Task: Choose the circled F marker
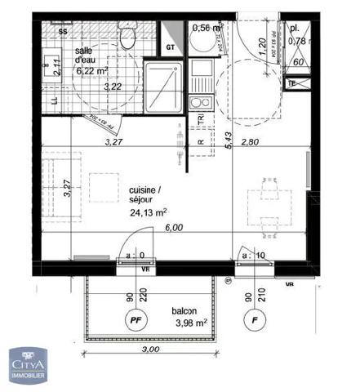tap(255, 321)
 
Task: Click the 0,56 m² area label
tap(207, 28)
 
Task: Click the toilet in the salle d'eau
tap(127, 37)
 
